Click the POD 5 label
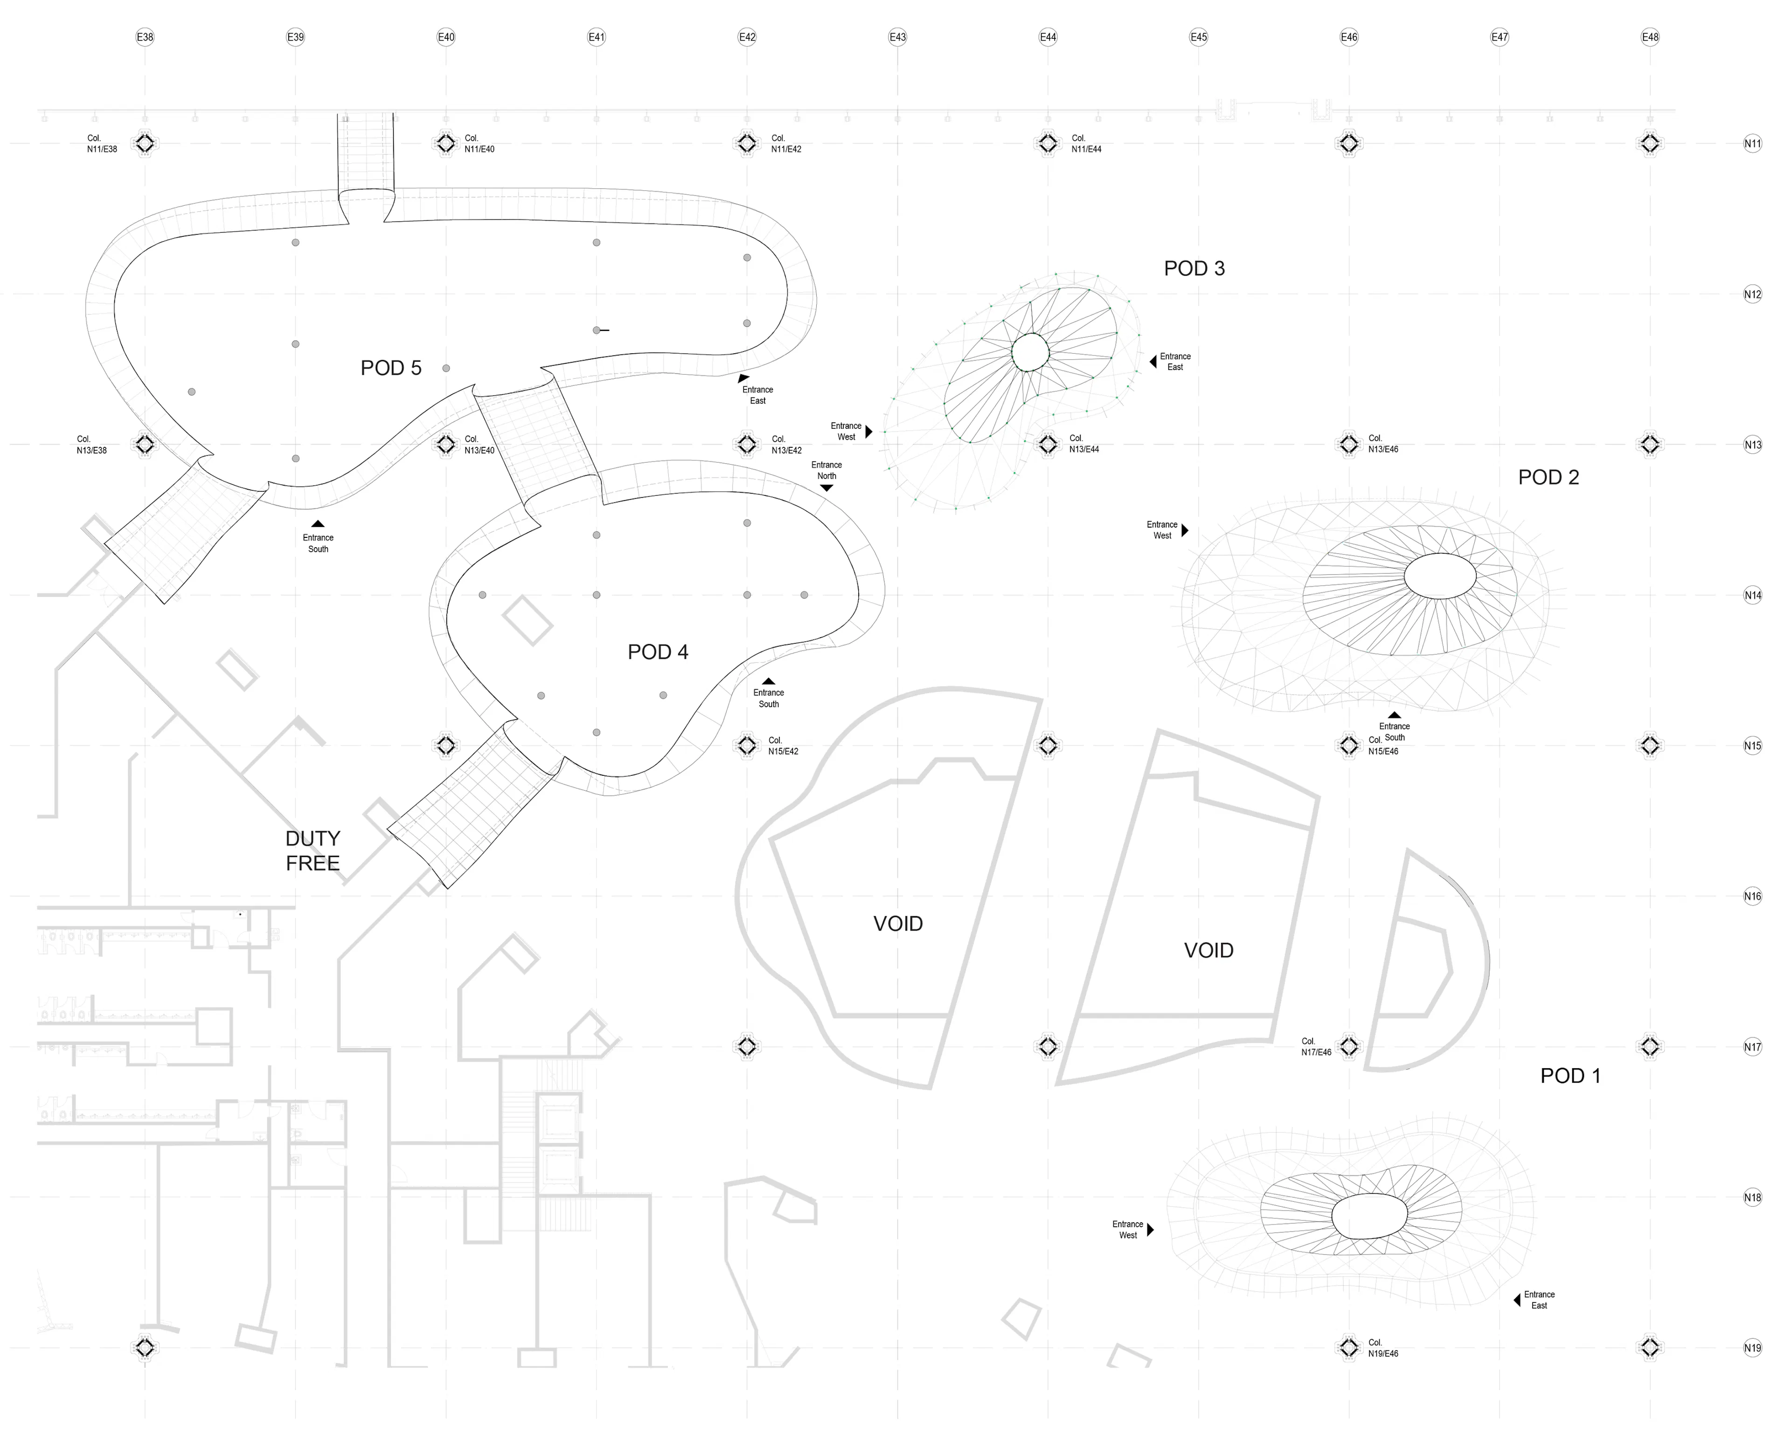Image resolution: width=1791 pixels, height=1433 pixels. pos(390,368)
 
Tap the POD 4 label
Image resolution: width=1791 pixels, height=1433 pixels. pos(658,652)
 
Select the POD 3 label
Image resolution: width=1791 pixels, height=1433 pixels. pos(1194,268)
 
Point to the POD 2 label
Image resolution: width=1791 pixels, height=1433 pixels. pos(1548,478)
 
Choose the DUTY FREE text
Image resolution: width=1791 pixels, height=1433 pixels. pos(312,851)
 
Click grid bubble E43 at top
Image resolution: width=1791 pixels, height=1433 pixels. pos(897,36)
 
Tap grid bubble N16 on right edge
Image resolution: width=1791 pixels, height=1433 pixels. pos(1752,897)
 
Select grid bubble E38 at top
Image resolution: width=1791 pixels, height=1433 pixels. pos(145,36)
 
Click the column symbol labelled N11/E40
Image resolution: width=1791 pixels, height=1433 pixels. pos(446,144)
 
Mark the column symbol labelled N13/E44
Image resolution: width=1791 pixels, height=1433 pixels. pos(1048,445)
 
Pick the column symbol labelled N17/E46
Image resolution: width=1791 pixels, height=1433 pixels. pos(1348,1047)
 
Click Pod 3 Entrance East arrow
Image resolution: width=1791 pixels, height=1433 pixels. pos(1153,362)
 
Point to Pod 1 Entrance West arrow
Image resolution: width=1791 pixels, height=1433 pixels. pos(1151,1230)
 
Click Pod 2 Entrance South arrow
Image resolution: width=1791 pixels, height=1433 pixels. pos(1394,715)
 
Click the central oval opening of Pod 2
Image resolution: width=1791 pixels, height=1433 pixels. pos(1440,576)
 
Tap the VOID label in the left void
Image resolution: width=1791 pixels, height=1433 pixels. pos(897,924)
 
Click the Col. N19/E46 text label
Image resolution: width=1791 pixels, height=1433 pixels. pos(1383,1348)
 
